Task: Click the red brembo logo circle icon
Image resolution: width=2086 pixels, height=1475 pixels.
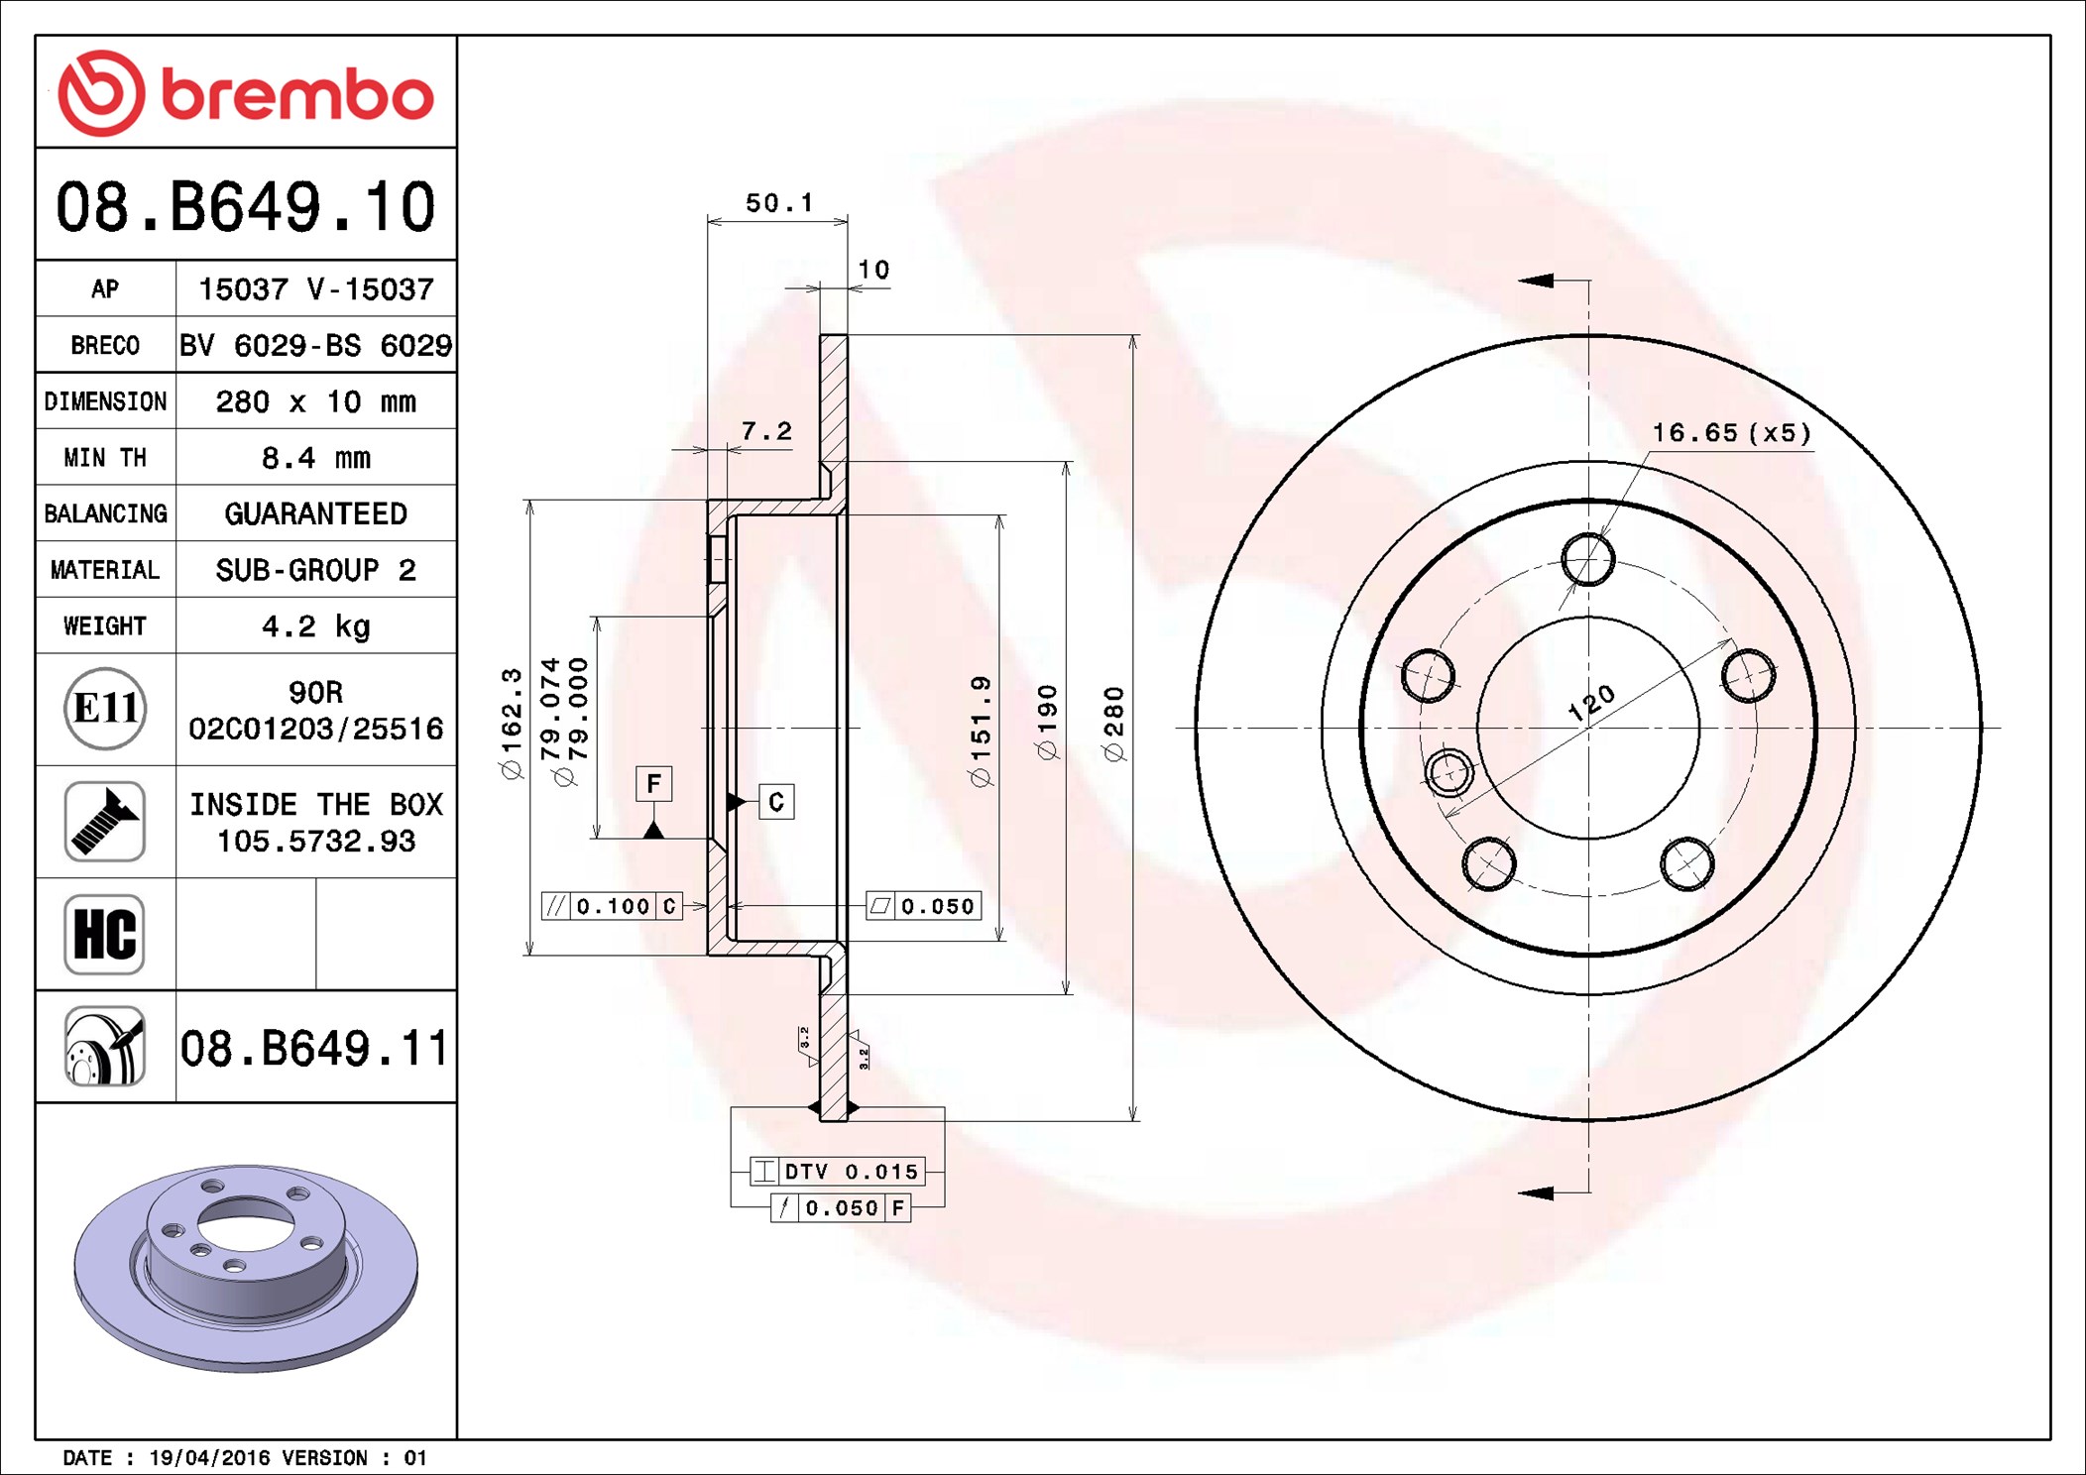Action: pos(101,93)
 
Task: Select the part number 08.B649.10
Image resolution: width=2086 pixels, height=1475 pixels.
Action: pos(245,207)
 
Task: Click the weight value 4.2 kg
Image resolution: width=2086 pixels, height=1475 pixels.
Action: pos(316,626)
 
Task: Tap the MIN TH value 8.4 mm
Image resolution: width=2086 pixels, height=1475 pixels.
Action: pos(316,458)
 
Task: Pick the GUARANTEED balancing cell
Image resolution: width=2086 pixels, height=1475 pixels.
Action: pos(316,513)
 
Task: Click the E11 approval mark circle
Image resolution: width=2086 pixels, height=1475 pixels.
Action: pos(105,708)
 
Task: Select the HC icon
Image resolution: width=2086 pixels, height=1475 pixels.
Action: pos(105,934)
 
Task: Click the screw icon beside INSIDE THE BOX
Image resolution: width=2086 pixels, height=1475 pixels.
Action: pos(105,821)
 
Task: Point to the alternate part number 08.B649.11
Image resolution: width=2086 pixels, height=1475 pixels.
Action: pos(314,1048)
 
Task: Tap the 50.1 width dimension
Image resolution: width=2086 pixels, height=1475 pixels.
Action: pos(779,203)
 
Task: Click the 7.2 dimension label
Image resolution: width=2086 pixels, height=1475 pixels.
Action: pos(766,431)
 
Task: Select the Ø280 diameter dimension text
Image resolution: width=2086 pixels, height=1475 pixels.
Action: pos(1115,725)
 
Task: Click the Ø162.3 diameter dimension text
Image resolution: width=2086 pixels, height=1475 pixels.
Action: pos(512,724)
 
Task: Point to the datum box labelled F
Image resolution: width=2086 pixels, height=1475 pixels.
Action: pos(653,784)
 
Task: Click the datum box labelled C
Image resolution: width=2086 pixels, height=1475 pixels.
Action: pos(776,802)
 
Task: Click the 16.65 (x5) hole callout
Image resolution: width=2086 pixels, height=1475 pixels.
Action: pos(1731,433)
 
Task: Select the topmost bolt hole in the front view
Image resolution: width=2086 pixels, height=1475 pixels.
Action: pos(1588,559)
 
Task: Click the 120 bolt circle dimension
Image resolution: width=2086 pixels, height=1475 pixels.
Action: pos(1591,702)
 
